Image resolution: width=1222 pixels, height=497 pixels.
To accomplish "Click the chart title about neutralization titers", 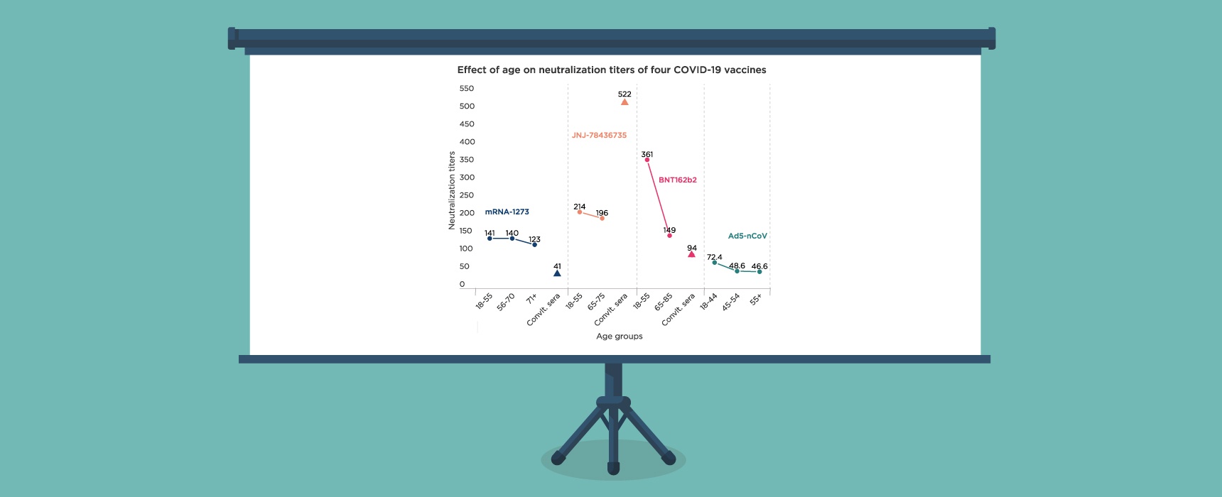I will pos(611,70).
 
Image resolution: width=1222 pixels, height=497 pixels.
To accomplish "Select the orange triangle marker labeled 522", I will pos(624,102).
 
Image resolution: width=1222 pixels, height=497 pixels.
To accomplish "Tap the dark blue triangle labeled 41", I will pos(557,273).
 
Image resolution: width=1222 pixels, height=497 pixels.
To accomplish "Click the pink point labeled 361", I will pos(647,160).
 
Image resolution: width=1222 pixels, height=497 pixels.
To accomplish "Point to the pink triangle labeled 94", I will pos(691,253).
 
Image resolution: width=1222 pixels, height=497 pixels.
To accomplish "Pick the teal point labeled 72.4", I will pos(715,263).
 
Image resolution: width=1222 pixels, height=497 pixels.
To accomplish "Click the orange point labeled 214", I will pos(580,212).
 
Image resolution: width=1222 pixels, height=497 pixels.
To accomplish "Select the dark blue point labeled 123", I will pos(535,244).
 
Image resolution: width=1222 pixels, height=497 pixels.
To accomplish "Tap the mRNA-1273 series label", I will pos(507,212).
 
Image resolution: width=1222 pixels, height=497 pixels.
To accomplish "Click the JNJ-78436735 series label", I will pos(599,135).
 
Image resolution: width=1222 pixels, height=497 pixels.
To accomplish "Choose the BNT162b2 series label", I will pos(677,180).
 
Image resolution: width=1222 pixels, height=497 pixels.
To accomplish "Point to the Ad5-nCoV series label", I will pos(747,236).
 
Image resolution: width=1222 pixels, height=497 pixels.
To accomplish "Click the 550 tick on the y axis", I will pos(467,89).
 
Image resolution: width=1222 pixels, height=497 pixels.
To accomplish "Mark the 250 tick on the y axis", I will pos(467,195).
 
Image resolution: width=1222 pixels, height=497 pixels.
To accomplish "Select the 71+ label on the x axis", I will pos(531,300).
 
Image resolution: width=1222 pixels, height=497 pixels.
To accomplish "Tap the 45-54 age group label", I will pos(731,302).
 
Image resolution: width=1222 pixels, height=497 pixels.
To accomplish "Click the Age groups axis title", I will pos(619,336).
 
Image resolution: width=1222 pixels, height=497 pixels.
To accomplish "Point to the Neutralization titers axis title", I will pos(452,190).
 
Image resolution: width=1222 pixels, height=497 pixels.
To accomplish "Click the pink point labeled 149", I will pos(669,236).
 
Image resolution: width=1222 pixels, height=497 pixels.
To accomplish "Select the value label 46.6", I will pos(759,266).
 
